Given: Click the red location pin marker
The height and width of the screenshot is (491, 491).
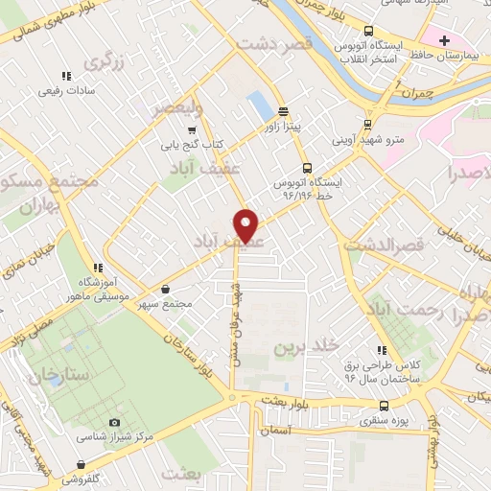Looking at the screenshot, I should click(247, 224).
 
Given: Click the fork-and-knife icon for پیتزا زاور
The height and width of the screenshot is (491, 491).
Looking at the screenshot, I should click(283, 110).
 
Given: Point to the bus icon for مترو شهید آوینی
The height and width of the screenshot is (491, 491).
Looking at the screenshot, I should click(368, 124).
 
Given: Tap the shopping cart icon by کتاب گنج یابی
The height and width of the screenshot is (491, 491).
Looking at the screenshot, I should click(193, 129).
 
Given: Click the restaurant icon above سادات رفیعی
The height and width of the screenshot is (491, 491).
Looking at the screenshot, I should click(65, 76).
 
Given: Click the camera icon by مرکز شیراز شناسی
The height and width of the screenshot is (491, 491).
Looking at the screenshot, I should click(115, 422).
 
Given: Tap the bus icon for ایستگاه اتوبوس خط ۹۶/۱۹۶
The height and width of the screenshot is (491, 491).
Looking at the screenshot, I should click(306, 166).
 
